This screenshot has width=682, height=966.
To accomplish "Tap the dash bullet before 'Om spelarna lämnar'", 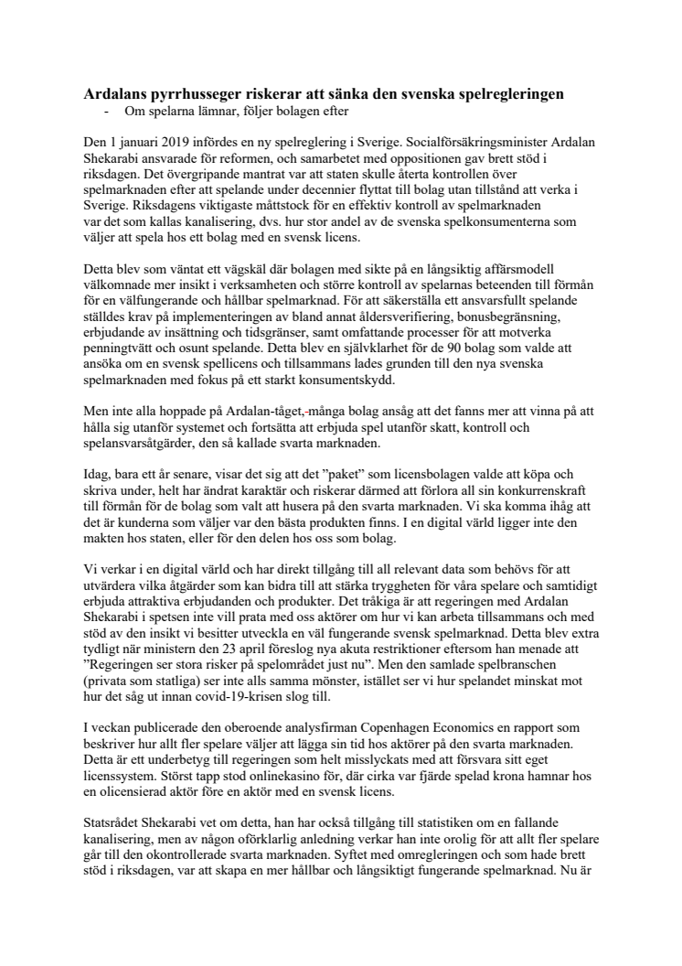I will pyautogui.click(x=109, y=111).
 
